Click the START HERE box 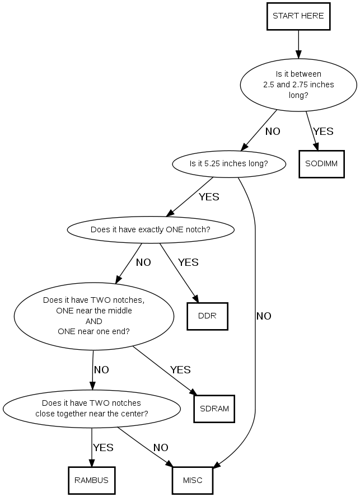pos(298,16)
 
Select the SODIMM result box pos(321,163)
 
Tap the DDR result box pos(207,316)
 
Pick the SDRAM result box pos(214,408)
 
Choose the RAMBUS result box pos(91,480)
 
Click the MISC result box pos(192,480)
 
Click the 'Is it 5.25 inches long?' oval pos(229,164)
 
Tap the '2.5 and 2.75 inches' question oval pos(298,85)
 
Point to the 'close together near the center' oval pos(91,408)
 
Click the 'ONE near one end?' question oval pos(93,316)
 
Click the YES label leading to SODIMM pos(323,132)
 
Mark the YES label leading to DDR pos(188,262)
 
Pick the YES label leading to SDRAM pos(180,369)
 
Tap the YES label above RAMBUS pos(103,447)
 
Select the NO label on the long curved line pos(264,316)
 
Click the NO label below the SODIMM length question pos(273,132)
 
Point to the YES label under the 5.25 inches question pos(209,196)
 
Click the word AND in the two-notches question pos(93,321)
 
